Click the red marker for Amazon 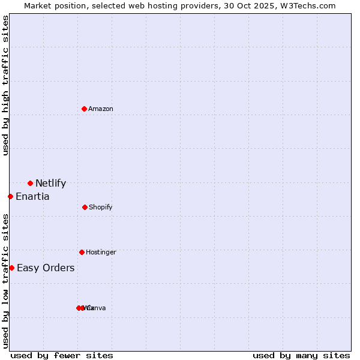[84, 109]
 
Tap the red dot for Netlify [30, 183]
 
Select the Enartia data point [10, 196]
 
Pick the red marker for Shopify [85, 207]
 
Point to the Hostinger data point [82, 252]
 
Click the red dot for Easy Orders [11, 268]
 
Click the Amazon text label [101, 109]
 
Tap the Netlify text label [50, 184]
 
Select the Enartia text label [32, 197]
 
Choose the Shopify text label [101, 207]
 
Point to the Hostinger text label [101, 252]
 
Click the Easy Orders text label [46, 268]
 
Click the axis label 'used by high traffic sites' [6, 86]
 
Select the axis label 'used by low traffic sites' [6, 281]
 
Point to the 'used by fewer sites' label [62, 355]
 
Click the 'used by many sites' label [301, 355]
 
